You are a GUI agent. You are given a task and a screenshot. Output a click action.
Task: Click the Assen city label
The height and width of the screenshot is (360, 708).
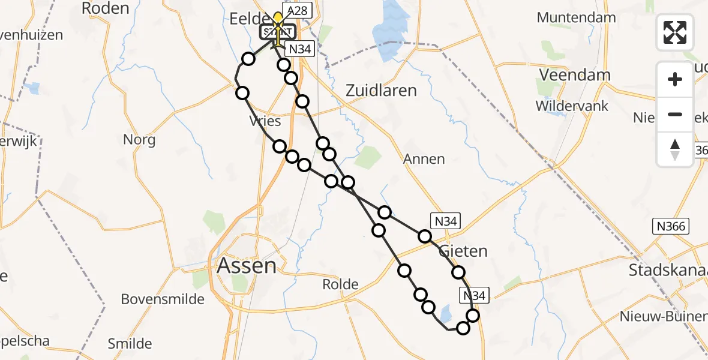247,265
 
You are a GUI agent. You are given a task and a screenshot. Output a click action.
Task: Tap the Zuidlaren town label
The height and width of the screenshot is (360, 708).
382,91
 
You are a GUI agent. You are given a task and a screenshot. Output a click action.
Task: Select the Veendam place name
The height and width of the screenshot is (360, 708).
575,75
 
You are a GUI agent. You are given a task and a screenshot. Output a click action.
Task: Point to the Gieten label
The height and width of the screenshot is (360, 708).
463,250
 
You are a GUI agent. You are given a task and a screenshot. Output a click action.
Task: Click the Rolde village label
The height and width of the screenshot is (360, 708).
340,284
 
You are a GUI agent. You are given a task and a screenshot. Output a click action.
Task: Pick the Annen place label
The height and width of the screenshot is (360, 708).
424,159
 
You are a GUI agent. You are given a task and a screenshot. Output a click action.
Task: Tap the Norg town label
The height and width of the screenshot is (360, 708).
139,140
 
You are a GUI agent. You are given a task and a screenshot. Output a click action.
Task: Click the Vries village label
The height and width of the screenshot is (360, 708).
265,121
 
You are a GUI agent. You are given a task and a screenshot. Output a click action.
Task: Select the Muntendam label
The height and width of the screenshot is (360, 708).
576,17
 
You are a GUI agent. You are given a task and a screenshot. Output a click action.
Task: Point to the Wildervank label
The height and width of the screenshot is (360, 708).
572,106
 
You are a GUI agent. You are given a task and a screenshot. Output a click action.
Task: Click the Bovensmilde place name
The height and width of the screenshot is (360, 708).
163,299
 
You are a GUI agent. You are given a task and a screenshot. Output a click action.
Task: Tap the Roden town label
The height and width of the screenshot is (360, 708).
105,8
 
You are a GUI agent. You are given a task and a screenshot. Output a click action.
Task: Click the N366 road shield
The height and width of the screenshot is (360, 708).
670,226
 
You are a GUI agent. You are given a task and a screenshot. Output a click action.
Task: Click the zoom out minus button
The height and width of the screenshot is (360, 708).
675,114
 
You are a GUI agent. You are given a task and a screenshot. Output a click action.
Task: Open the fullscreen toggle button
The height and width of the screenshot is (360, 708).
675,32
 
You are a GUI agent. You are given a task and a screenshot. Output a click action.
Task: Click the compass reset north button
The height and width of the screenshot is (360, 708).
675,149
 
